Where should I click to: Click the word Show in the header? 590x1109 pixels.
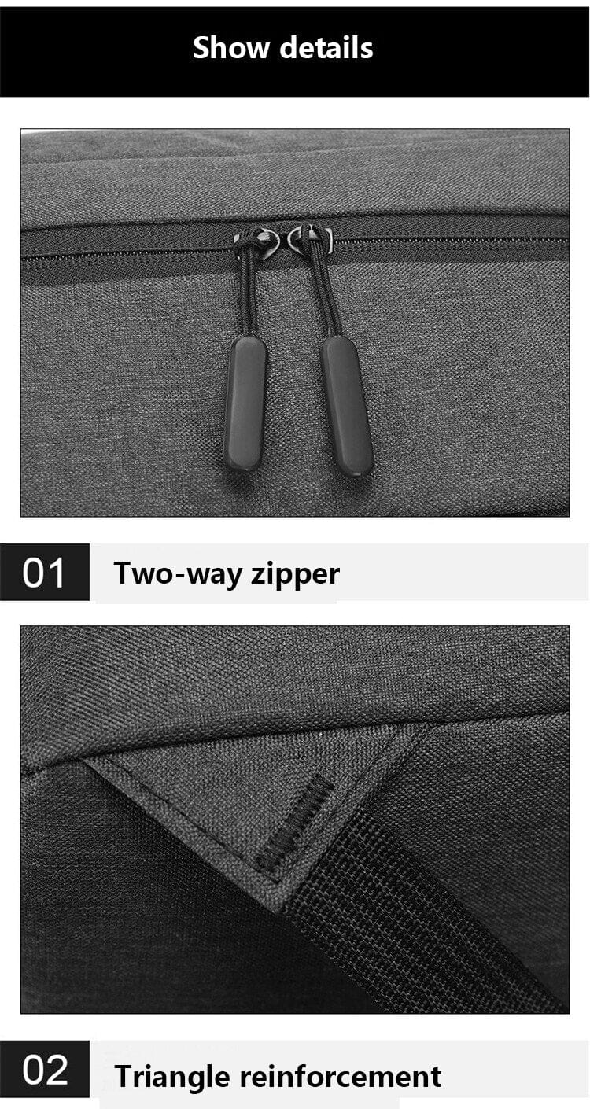(230, 47)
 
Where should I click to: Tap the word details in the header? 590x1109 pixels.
(326, 47)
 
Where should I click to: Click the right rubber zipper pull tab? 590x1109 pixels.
(346, 406)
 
